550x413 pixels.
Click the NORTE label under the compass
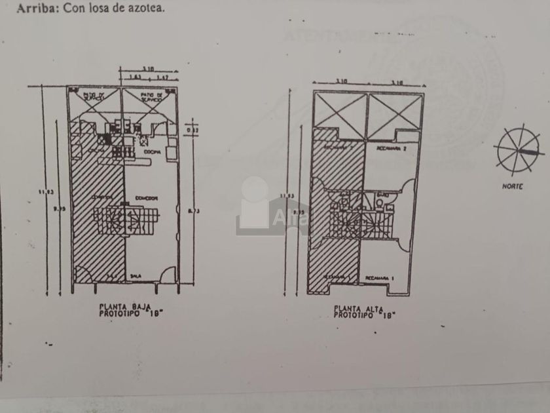512,186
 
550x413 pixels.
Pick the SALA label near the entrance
136,276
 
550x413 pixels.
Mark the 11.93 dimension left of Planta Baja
45,191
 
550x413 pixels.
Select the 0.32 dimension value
190,130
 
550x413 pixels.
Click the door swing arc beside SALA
168,275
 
